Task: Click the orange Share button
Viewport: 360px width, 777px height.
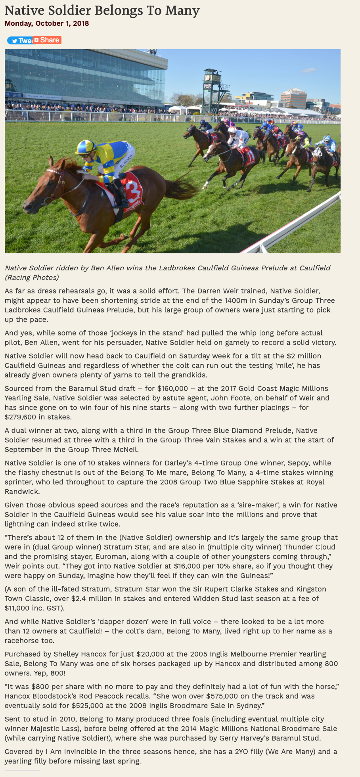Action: [x=47, y=40]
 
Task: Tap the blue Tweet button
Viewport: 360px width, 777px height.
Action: [x=20, y=40]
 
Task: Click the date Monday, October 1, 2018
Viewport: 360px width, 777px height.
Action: [x=47, y=23]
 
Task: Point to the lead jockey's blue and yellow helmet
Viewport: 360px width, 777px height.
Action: [x=86, y=147]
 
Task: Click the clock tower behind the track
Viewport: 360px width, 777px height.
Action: [x=212, y=89]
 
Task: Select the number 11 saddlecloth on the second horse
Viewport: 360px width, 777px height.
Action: [x=249, y=156]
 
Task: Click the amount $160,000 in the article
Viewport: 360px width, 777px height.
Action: [x=173, y=388]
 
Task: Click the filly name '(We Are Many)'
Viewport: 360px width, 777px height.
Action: [x=292, y=752]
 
